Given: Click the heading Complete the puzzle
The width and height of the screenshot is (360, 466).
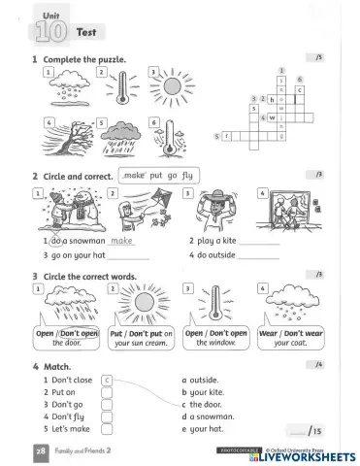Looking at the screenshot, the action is tap(84, 60).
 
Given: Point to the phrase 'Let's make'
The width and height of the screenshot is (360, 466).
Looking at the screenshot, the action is tap(70, 427).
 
